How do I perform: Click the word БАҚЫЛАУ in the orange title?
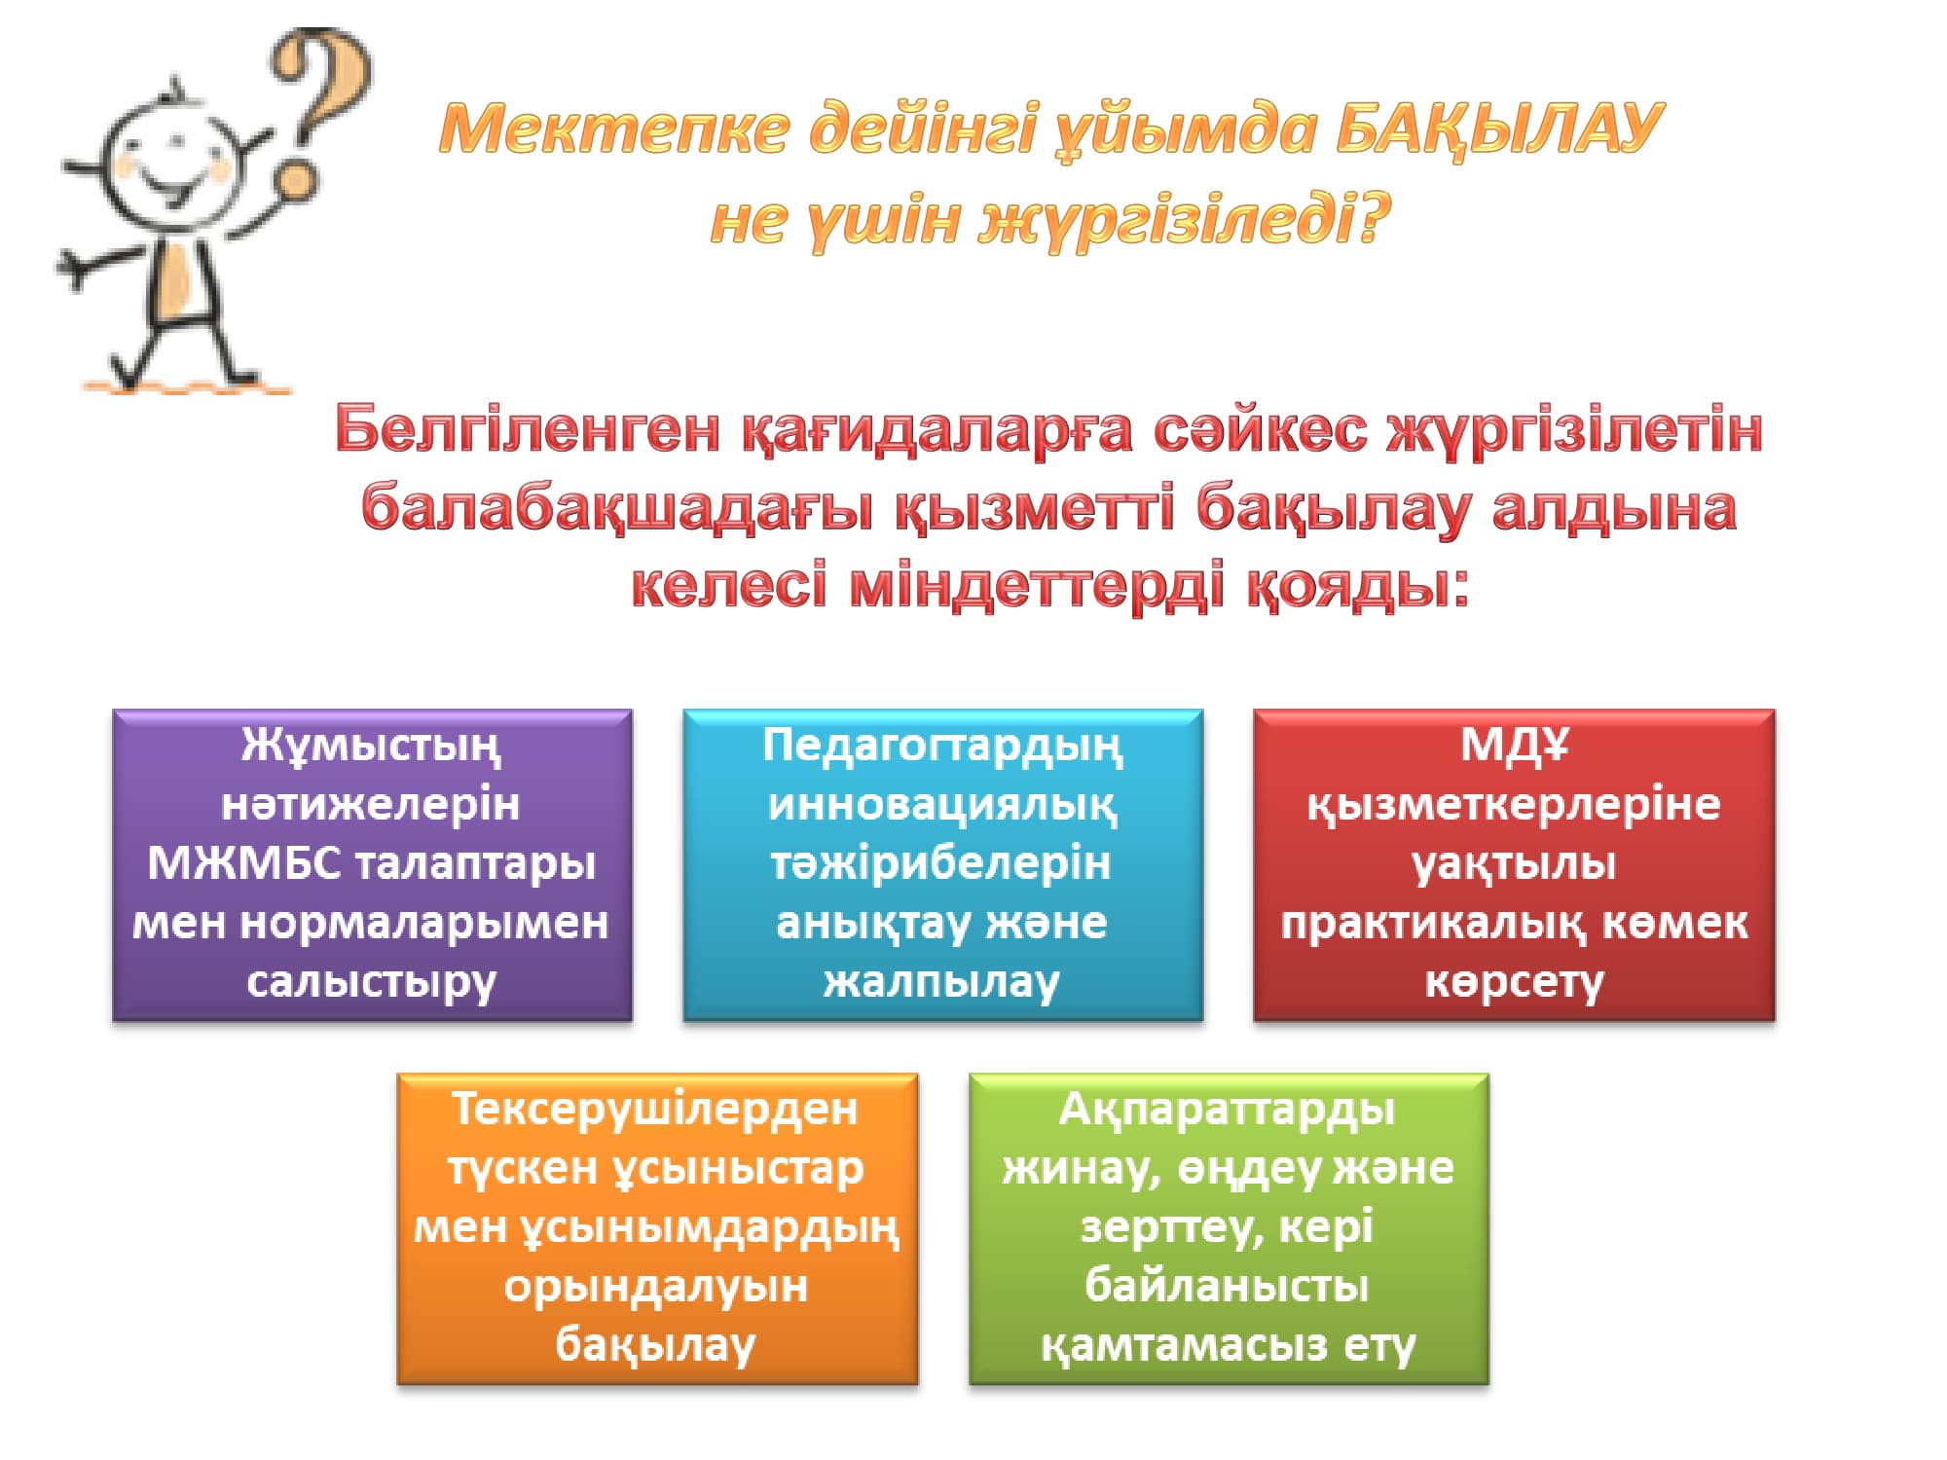1499,128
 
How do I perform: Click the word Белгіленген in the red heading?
527,429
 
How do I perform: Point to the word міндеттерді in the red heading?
1037,586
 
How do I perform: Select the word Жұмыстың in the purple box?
372,748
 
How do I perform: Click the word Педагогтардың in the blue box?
942,748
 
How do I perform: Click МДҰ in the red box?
1515,746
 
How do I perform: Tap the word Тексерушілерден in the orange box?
655,1110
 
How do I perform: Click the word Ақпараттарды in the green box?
1228,1110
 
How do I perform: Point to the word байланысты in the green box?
1228,1286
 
